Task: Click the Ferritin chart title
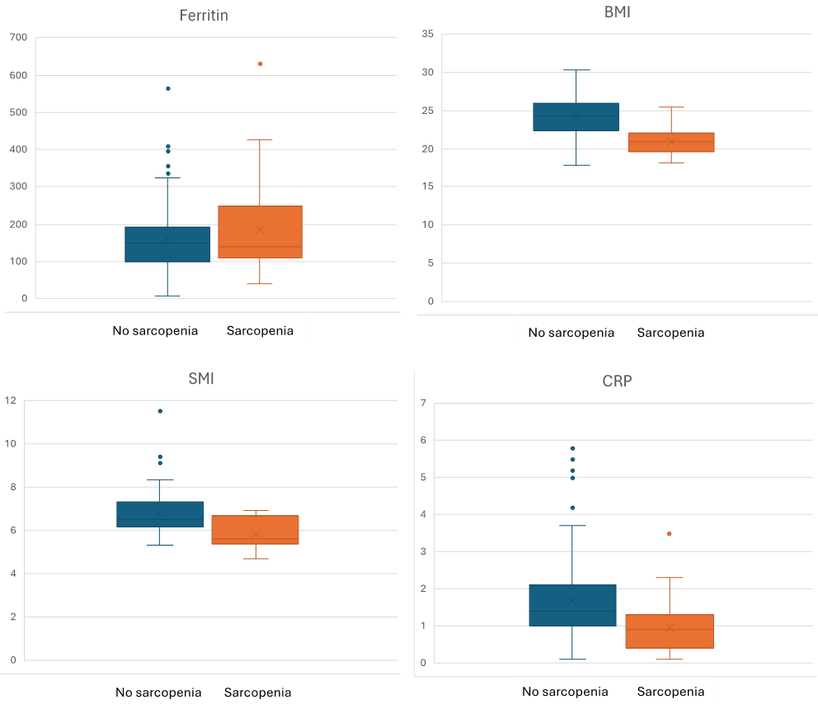[204, 17]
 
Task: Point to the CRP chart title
[616, 381]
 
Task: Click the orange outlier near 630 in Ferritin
[260, 64]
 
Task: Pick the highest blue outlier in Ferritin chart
[168, 88]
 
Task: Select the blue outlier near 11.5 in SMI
[160, 411]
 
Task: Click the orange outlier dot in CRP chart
[669, 534]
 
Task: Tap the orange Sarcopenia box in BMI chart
[670, 142]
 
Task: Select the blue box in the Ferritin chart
[167, 244]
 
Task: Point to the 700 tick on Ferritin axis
[18, 37]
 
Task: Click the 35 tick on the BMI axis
[427, 34]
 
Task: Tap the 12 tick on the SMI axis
[11, 401]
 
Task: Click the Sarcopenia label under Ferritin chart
[260, 331]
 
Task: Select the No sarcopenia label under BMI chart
[571, 333]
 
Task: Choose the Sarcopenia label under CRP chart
[670, 692]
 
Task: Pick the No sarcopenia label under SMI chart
[158, 692]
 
